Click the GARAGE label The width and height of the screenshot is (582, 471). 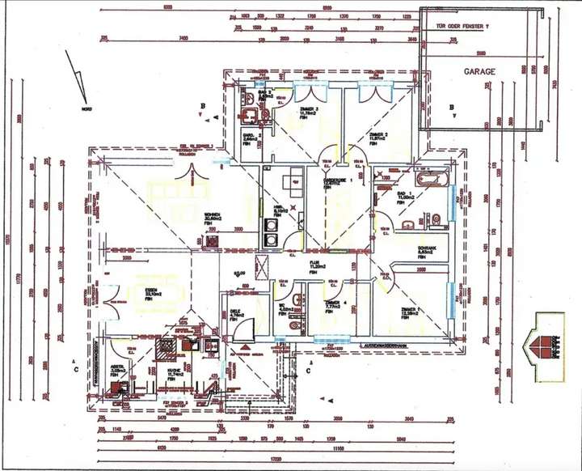pos(479,71)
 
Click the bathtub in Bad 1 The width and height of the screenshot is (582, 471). pos(428,177)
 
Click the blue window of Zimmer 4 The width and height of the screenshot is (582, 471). pos(330,339)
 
